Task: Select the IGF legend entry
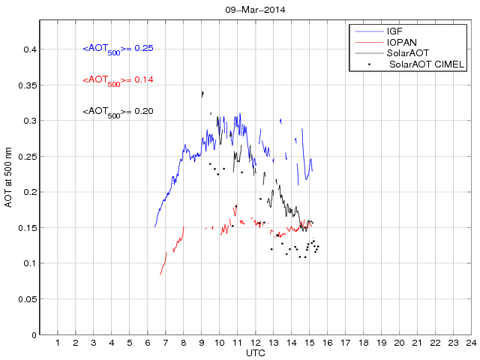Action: [x=395, y=31]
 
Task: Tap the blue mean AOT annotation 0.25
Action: [x=118, y=49]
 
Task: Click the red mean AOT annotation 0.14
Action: [x=118, y=79]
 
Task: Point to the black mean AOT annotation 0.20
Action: [x=118, y=111]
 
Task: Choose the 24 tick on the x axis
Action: [x=470, y=343]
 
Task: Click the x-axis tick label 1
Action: [x=58, y=343]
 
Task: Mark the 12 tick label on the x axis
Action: [x=255, y=343]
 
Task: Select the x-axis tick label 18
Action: [x=363, y=343]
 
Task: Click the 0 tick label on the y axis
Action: [x=33, y=334]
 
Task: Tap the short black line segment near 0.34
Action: [x=202, y=94]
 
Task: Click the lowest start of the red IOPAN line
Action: [x=160, y=274]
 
